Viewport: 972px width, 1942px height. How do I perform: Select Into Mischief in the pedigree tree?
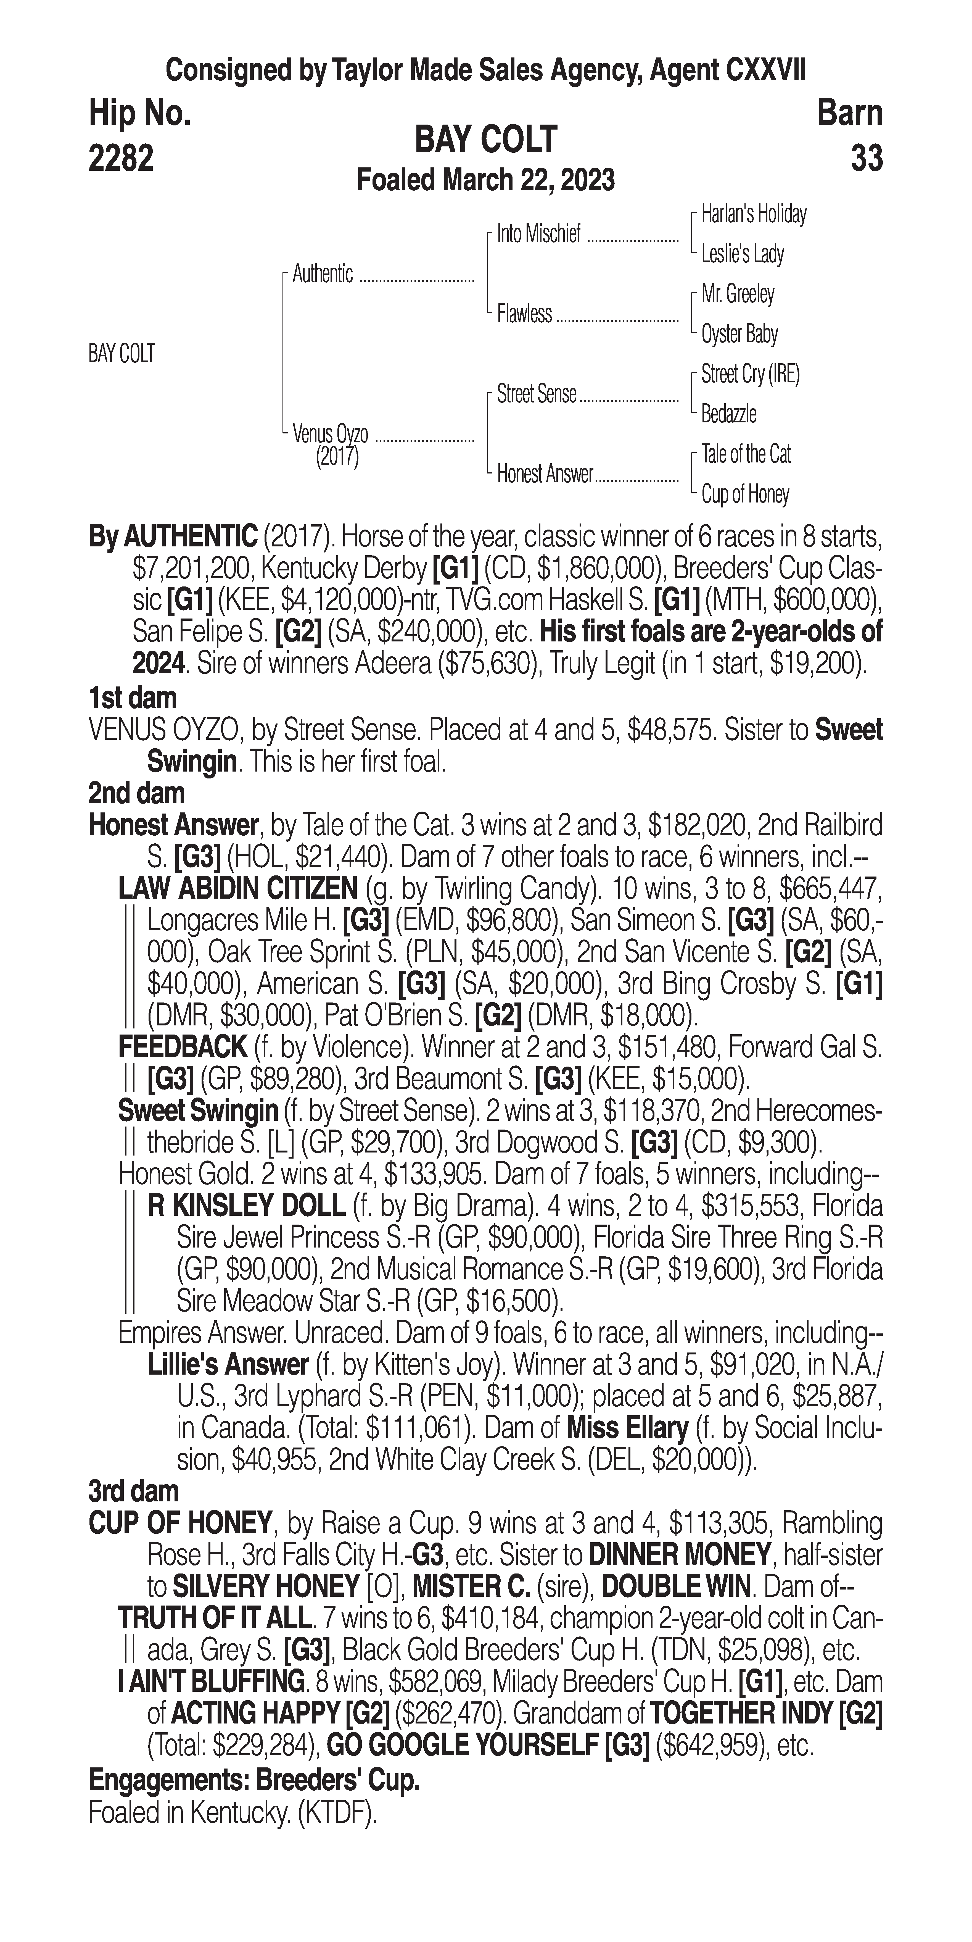[539, 235]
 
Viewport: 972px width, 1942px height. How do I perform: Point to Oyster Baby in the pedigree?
[739, 334]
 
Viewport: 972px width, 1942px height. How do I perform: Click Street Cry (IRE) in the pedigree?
[750, 374]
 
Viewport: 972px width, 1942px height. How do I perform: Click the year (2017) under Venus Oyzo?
[337, 457]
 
